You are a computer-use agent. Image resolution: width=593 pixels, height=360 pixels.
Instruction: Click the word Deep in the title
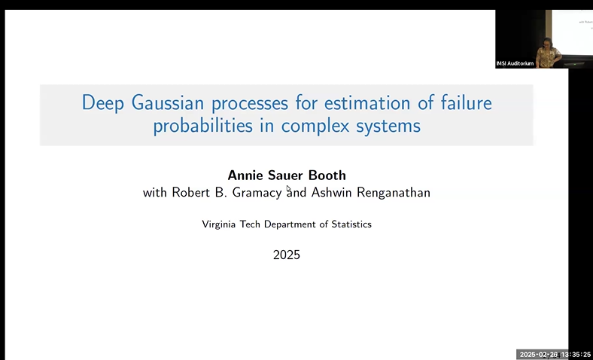coord(100,102)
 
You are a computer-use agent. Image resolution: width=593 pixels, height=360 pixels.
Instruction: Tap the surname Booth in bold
coord(326,176)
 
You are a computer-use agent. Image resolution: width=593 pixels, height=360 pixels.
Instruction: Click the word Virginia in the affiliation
coord(221,224)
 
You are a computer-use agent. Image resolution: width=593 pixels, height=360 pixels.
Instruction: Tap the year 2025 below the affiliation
coord(287,255)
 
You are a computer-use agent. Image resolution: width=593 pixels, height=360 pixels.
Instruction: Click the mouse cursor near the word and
coord(288,188)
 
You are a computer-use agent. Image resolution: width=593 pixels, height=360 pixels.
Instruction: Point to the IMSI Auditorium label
coord(515,63)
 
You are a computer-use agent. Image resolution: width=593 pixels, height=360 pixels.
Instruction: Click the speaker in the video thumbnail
coord(547,53)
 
